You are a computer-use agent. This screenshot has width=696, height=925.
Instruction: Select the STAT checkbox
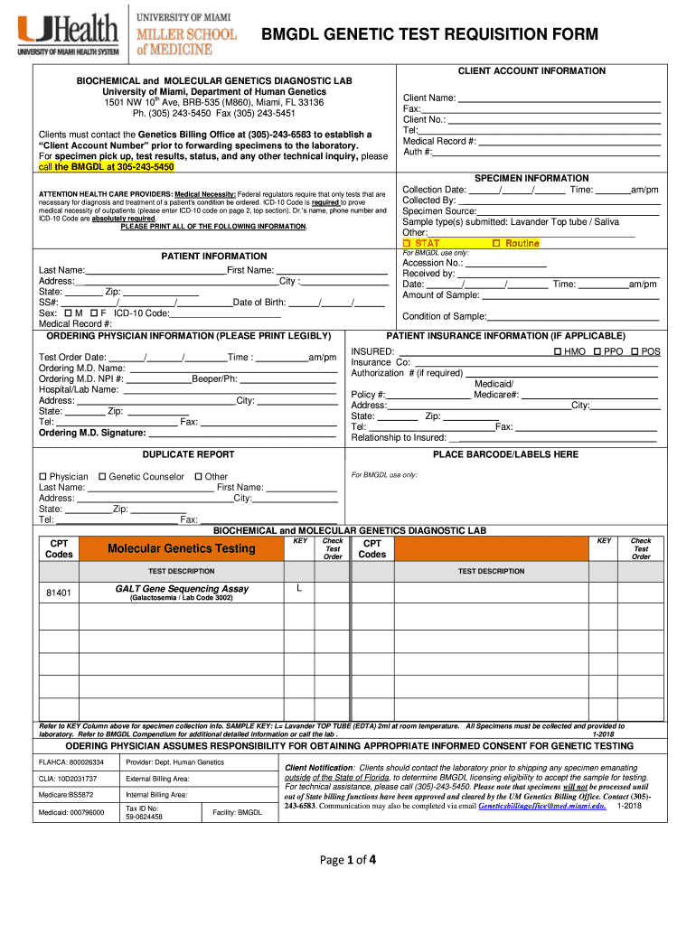pyautogui.click(x=407, y=244)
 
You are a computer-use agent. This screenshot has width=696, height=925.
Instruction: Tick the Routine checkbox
pyautogui.click(x=496, y=244)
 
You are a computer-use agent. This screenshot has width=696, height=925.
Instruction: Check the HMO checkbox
pyautogui.click(x=557, y=351)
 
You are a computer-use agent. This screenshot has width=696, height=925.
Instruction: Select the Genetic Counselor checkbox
pyautogui.click(x=102, y=476)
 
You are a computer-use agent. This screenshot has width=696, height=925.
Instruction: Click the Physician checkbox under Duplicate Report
pyautogui.click(x=42, y=476)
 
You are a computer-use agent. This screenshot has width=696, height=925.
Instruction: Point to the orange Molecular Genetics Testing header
pyautogui.click(x=181, y=548)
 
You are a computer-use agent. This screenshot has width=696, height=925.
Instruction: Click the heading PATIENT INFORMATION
pyautogui.click(x=213, y=257)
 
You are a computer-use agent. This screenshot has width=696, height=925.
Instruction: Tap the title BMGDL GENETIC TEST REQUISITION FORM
pyautogui.click(x=429, y=34)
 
